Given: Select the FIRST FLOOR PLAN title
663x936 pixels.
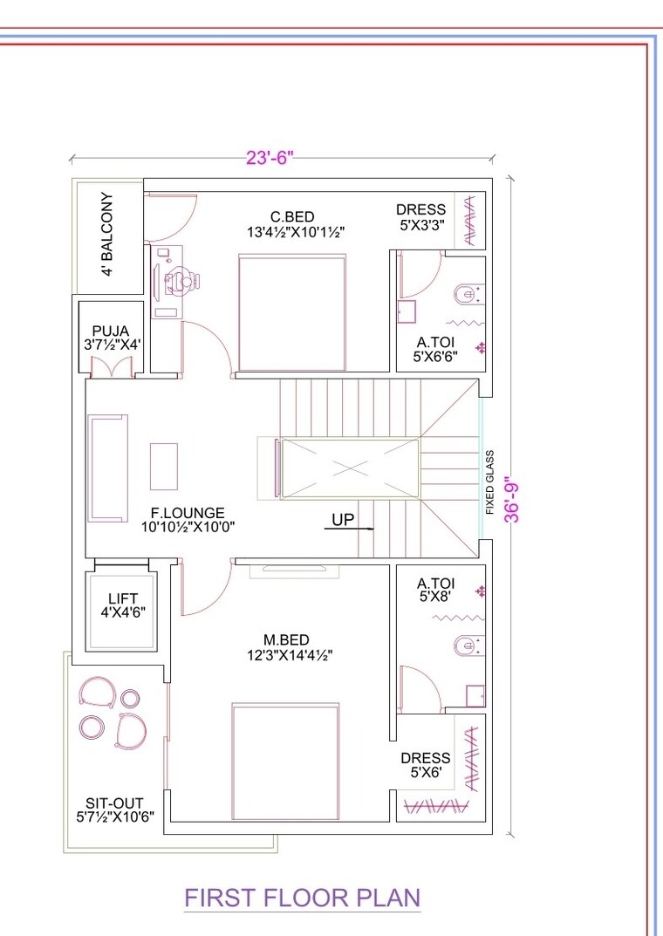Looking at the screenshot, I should (303, 898).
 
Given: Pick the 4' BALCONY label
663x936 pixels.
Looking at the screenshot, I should (107, 235).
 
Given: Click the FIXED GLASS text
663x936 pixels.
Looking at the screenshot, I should (490, 483).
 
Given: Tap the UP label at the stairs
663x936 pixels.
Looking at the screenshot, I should (343, 520).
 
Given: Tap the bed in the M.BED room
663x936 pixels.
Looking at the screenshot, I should (285, 762).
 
